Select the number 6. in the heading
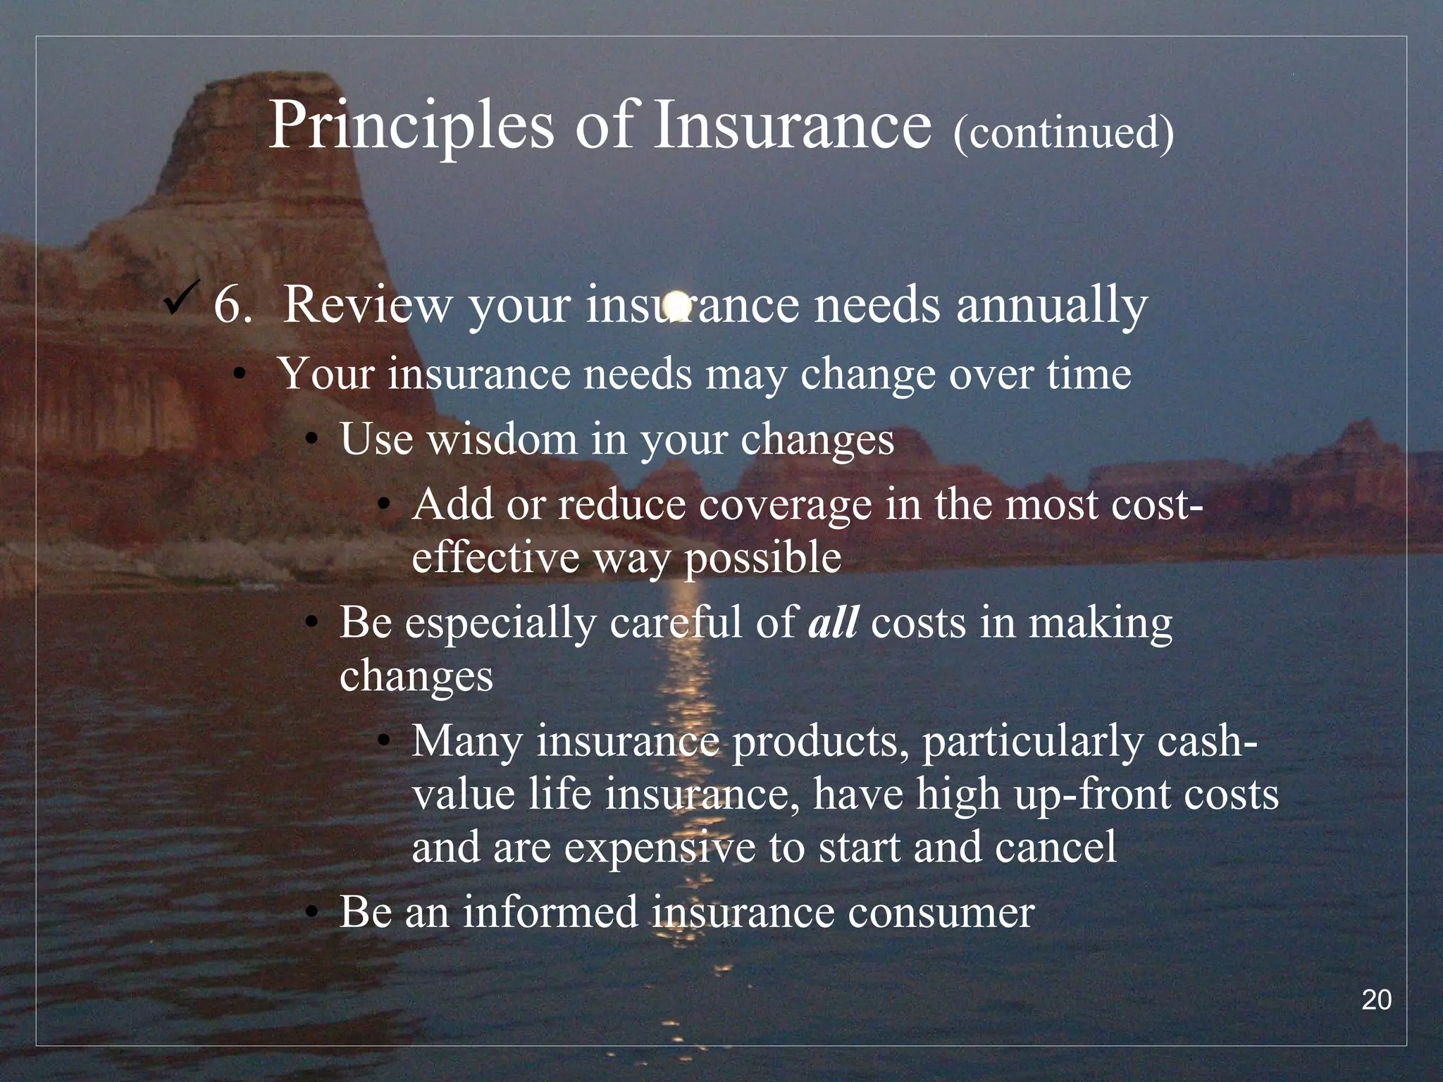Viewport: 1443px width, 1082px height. [x=233, y=304]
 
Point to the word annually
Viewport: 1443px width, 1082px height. [x=1051, y=306]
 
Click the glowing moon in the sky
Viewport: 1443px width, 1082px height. [x=676, y=304]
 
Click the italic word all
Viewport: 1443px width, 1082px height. [x=833, y=623]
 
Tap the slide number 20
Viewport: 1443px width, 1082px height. [x=1376, y=1000]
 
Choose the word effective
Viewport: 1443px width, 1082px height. [x=495, y=557]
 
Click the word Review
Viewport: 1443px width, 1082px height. [x=367, y=304]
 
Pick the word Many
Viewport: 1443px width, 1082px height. [x=466, y=741]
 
